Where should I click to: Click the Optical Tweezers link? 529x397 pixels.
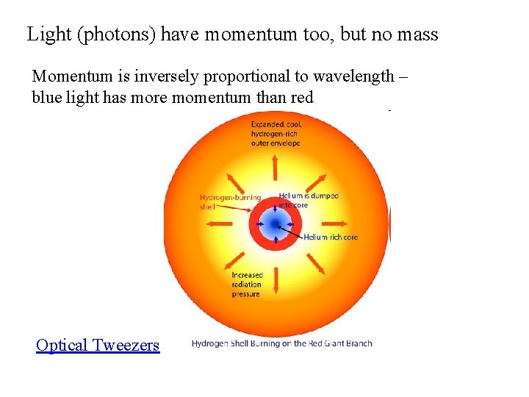coord(98,345)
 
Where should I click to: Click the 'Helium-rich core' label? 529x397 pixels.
coord(331,237)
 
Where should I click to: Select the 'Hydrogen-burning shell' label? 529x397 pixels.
coord(228,201)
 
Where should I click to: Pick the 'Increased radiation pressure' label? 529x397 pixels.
coord(247,285)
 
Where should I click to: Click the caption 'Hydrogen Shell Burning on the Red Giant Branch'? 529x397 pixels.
coord(281,343)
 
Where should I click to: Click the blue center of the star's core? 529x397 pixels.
coord(275,223)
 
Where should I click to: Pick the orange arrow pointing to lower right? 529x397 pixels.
coord(315,263)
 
